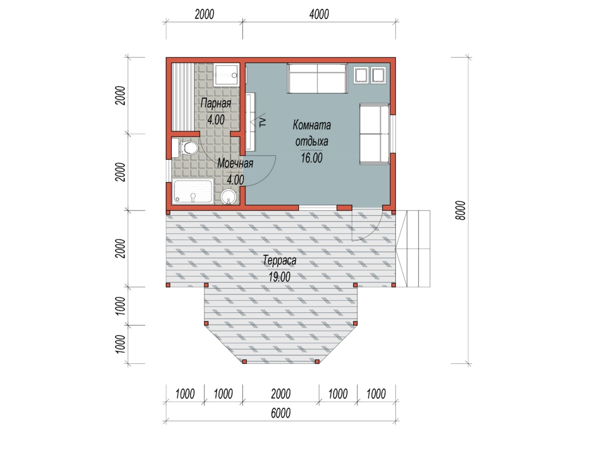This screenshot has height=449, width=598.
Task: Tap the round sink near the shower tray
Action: [x=228, y=197]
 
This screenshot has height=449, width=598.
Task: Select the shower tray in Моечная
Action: [x=193, y=191]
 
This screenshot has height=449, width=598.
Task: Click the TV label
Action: [x=262, y=122]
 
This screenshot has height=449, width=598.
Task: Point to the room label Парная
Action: [x=216, y=103]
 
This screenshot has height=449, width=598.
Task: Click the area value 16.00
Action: [x=311, y=158]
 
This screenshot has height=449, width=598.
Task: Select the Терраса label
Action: [x=280, y=260]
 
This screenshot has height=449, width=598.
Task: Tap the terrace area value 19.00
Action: [x=280, y=277]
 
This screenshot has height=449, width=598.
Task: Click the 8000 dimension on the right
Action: [x=460, y=211]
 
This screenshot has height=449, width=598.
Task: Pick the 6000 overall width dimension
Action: [x=281, y=413]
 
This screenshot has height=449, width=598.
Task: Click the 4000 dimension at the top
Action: [x=319, y=14]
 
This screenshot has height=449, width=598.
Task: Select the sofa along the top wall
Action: [x=317, y=78]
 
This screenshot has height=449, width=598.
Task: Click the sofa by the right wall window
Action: [x=375, y=134]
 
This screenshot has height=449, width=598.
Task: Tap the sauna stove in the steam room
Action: [x=226, y=75]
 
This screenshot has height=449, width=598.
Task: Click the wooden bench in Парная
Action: [x=183, y=97]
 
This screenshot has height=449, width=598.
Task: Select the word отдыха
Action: [x=311, y=142]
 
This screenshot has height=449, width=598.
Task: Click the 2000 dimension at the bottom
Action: [x=281, y=394]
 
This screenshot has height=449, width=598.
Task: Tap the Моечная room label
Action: [x=235, y=163]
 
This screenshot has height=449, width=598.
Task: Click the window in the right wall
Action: [x=393, y=134]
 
